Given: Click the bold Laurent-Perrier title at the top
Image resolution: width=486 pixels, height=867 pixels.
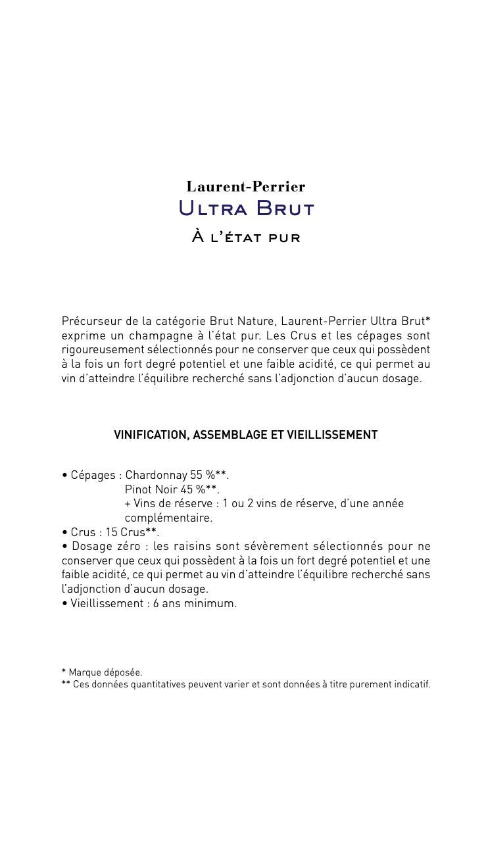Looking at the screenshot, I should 245,187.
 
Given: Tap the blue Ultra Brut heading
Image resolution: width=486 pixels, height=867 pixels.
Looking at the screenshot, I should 246,209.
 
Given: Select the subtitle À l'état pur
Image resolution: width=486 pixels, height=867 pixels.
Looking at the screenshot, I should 246,237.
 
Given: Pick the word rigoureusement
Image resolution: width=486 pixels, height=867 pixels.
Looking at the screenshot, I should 98,350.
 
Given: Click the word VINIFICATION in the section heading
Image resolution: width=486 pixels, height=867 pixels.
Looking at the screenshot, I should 150,435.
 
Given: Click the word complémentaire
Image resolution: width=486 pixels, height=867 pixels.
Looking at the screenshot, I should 168,518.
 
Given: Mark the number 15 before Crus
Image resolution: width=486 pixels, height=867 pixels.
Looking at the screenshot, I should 111,532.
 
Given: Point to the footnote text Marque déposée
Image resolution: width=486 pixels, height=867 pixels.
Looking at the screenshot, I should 106,672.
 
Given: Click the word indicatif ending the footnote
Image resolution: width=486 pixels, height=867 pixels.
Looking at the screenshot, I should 412,684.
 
